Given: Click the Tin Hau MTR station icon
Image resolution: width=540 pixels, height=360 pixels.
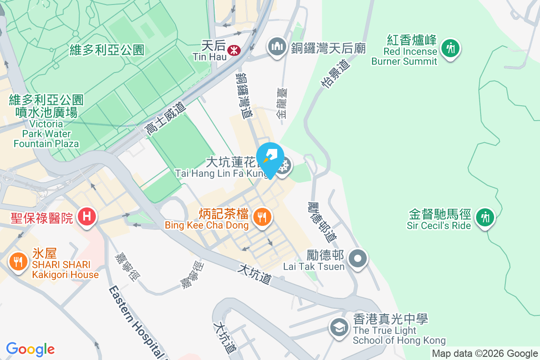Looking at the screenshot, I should click(233, 50).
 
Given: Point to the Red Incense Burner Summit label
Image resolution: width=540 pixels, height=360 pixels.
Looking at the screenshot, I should click(405, 51).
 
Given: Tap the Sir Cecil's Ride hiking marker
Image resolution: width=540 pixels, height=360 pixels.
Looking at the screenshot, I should click(485, 217).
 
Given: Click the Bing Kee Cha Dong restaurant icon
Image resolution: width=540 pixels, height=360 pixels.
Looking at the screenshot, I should click(261, 217).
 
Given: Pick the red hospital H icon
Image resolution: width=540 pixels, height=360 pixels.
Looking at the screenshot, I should click(87, 217).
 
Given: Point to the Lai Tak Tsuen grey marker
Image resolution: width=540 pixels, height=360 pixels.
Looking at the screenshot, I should click(358, 259).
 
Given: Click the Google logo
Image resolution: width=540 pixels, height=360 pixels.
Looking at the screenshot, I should click(31, 349).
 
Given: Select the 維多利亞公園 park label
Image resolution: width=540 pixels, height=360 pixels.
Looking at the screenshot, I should click(107, 50).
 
